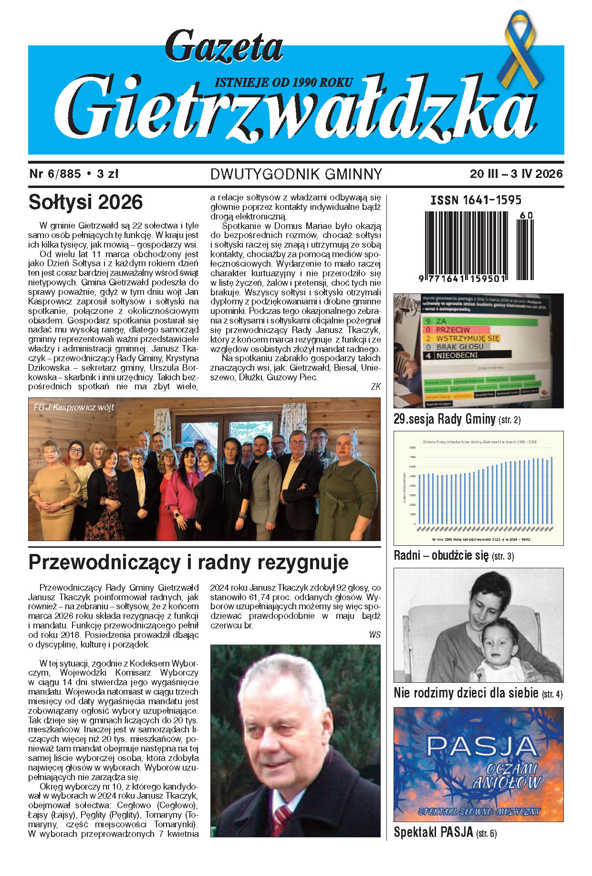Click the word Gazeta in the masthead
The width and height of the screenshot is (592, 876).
(224, 47)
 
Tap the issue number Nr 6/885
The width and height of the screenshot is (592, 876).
(55, 174)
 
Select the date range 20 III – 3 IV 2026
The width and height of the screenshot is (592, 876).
(516, 174)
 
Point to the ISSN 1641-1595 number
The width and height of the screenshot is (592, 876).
(476, 200)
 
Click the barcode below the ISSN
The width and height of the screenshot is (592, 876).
(478, 246)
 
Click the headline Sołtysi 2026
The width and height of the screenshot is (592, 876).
(85, 202)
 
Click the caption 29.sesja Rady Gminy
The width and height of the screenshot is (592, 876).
(445, 419)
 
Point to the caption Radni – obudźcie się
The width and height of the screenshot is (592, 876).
(441, 555)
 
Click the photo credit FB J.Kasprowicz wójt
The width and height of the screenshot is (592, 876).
(73, 407)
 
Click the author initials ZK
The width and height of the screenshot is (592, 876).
(375, 387)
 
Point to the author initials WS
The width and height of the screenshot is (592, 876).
(374, 635)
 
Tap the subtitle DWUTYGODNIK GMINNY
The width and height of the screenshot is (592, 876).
(296, 174)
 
